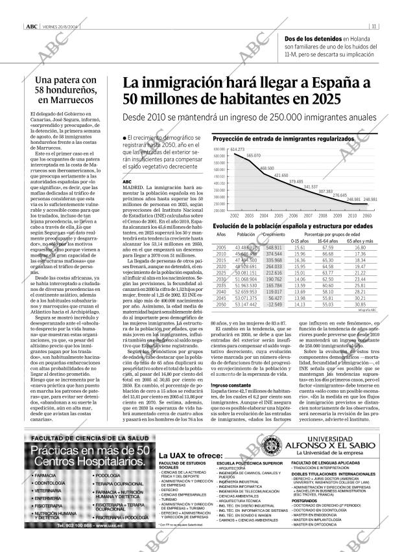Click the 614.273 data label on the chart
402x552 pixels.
coord(237,150)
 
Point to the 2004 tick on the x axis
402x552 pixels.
coord(264,214)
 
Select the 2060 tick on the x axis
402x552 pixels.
coord(368,214)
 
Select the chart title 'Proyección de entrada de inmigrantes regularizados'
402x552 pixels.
coord(283,139)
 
